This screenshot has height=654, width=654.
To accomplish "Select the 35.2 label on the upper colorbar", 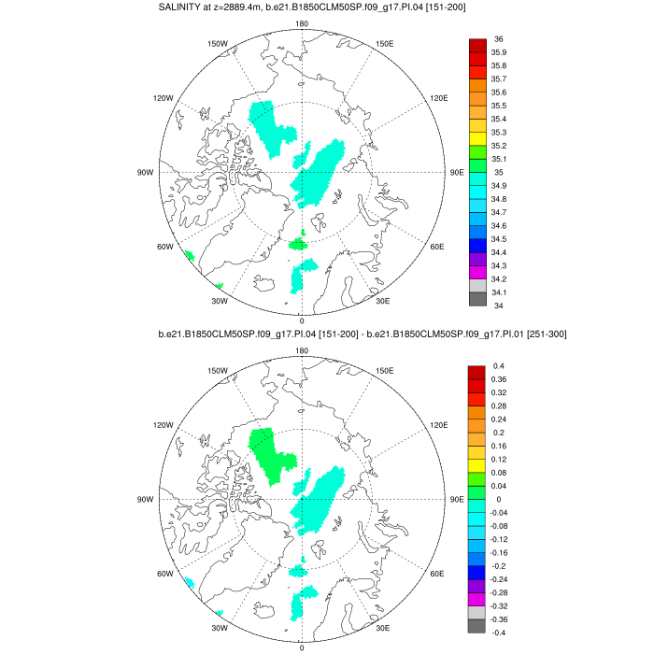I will tap(501, 146).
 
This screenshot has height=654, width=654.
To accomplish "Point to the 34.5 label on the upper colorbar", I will tap(501, 239).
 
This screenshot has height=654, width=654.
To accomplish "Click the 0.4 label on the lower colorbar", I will tap(499, 366).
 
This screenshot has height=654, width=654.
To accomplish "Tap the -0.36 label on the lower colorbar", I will tap(504, 619).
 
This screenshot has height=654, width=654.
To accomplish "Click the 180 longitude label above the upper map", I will tap(302, 24).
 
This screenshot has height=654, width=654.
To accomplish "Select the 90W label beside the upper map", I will tap(146, 173).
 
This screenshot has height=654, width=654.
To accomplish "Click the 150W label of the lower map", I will tap(218, 371).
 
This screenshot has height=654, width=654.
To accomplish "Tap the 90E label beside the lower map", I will tap(457, 500).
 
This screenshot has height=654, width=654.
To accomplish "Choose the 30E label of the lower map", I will tap(382, 628).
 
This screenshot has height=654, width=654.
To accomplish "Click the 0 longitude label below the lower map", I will tap(302, 647).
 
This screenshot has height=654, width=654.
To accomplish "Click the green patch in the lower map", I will tap(272, 451).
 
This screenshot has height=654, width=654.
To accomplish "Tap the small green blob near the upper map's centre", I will tap(298, 244).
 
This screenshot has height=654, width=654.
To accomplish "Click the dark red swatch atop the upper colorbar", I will tap(476, 45).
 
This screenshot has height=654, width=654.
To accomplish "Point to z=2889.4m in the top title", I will tap(252, 7).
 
